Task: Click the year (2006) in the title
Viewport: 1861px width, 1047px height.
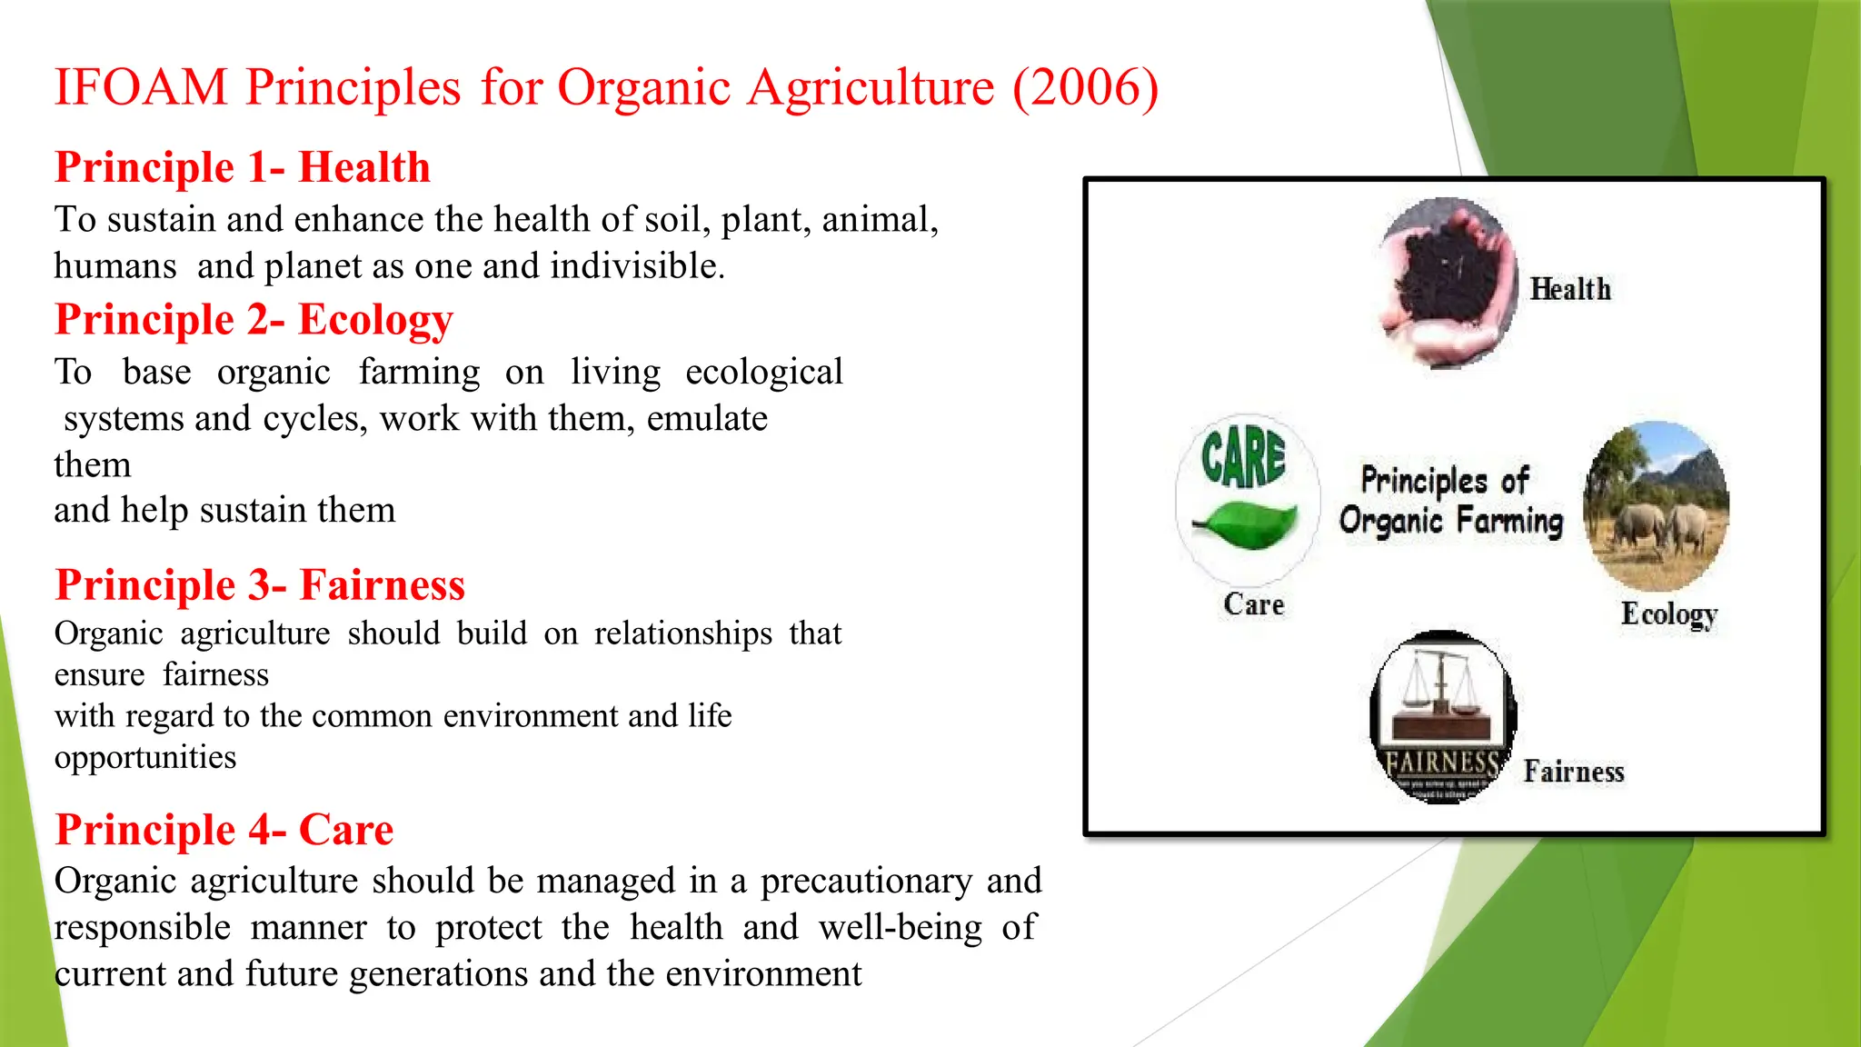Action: [x=1085, y=88]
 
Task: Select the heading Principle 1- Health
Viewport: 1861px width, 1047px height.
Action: [x=242, y=167]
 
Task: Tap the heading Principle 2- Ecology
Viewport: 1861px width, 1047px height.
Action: [x=254, y=320]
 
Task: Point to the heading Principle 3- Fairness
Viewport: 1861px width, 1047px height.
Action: [x=260, y=584]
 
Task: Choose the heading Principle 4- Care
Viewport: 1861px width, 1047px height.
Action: [x=224, y=830]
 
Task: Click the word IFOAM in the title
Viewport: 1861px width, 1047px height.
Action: [x=141, y=88]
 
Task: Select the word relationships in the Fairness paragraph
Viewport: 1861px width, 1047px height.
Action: [x=682, y=633]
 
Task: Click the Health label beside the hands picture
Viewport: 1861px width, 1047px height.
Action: [x=1569, y=289]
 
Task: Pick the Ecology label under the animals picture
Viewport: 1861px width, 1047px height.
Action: [x=1668, y=614]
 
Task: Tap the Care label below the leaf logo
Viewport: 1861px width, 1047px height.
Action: [x=1253, y=604]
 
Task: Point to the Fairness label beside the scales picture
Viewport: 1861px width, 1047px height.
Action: [x=1573, y=772]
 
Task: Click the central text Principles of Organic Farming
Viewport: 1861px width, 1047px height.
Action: [x=1449, y=501]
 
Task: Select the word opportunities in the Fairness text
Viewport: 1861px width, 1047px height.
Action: [x=145, y=758]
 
